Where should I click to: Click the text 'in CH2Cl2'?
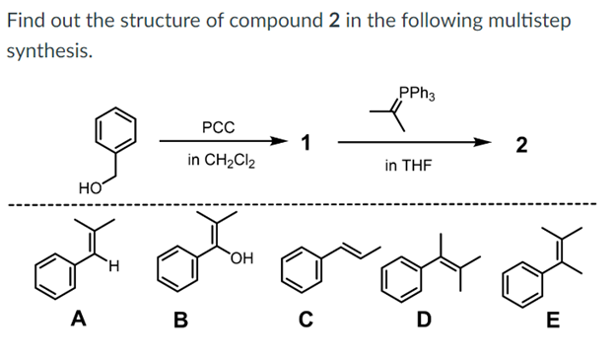click(222, 160)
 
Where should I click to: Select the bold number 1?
click(307, 143)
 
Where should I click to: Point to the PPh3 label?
click(417, 95)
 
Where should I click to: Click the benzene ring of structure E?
click(521, 282)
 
